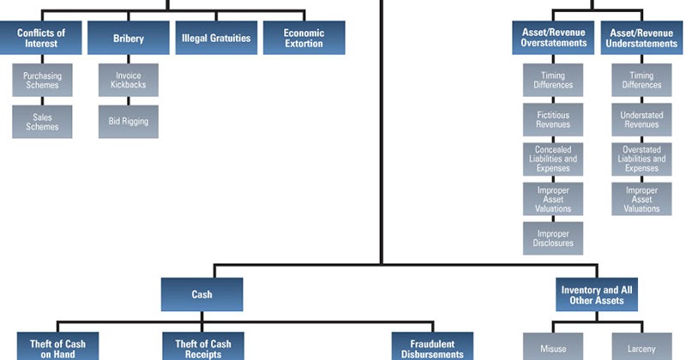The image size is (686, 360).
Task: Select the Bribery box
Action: click(x=129, y=39)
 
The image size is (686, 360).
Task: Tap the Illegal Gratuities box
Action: click(x=216, y=39)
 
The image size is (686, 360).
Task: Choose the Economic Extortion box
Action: click(x=304, y=39)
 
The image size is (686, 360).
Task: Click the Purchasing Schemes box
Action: click(x=42, y=81)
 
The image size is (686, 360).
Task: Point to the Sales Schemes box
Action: click(x=42, y=122)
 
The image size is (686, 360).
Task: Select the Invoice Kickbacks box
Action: click(x=128, y=81)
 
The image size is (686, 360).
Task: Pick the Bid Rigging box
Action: click(x=128, y=122)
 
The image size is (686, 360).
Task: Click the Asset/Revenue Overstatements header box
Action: click(x=554, y=39)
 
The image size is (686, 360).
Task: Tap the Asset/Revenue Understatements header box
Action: click(x=641, y=39)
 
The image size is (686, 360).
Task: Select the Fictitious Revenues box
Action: click(x=553, y=119)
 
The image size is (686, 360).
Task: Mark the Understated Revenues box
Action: click(x=641, y=119)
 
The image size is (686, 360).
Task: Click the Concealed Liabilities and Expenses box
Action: click(x=553, y=159)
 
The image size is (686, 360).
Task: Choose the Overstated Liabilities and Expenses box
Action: click(x=641, y=159)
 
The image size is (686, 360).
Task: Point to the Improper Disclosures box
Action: click(x=553, y=238)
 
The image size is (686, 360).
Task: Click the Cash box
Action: click(x=202, y=294)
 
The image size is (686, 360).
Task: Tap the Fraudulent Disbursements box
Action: click(x=432, y=347)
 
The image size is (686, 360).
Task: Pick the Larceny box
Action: click(x=641, y=347)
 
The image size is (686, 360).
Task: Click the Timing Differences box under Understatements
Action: click(x=641, y=81)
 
